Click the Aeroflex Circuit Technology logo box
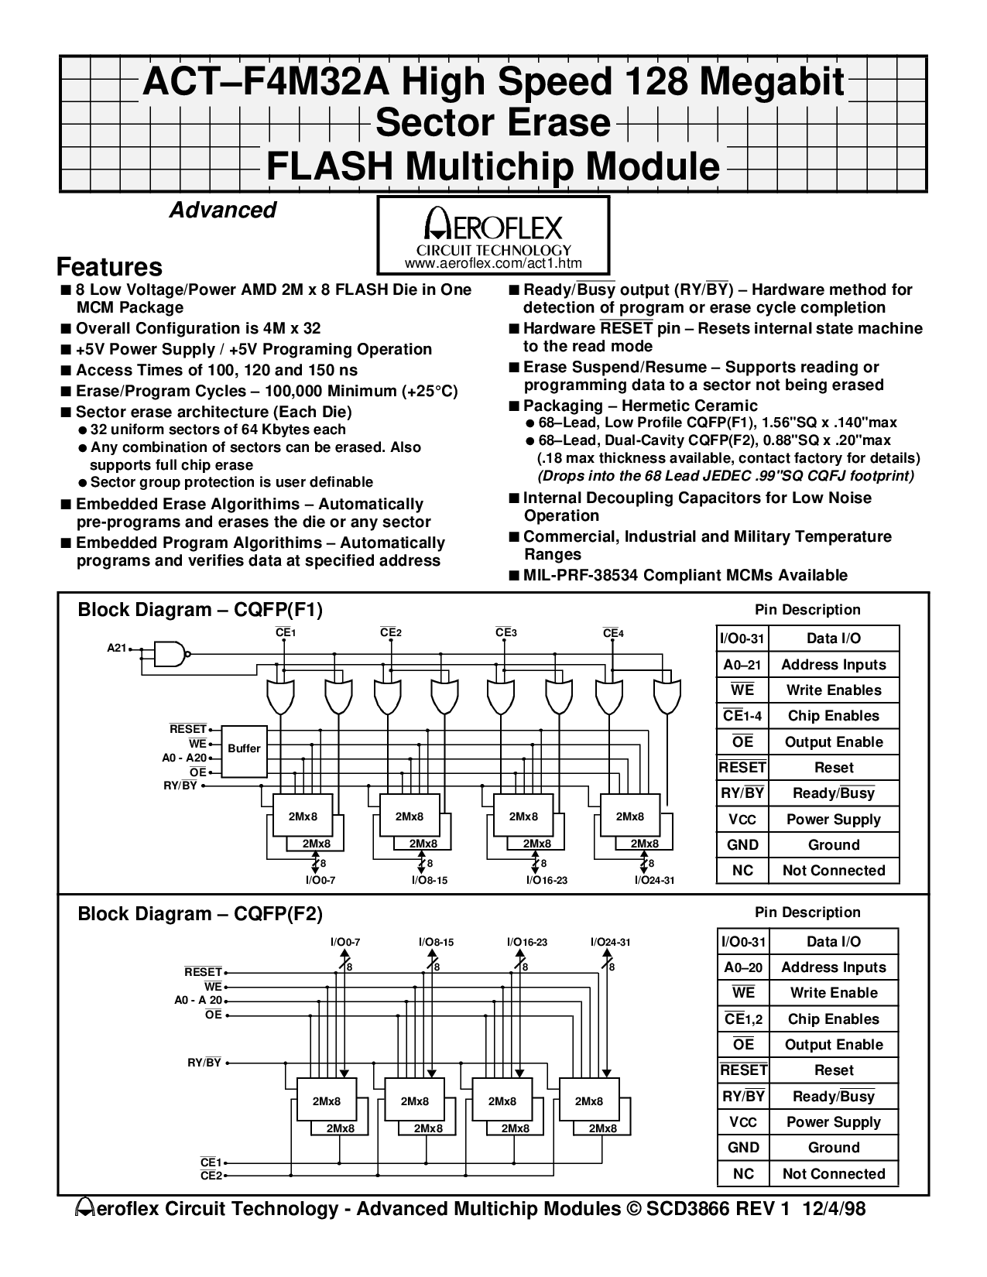click(493, 234)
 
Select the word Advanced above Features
click(222, 211)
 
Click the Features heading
click(109, 267)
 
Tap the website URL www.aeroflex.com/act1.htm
click(493, 264)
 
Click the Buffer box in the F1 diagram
click(244, 749)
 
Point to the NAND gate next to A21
click(171, 654)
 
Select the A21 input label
click(116, 649)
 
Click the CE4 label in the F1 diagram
click(613, 633)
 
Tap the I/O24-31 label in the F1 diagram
click(655, 880)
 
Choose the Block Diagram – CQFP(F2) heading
click(200, 914)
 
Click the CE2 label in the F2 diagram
click(211, 1176)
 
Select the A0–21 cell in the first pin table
click(742, 665)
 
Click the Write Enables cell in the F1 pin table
click(834, 690)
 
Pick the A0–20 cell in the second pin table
click(742, 967)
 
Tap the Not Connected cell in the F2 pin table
click(834, 1174)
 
